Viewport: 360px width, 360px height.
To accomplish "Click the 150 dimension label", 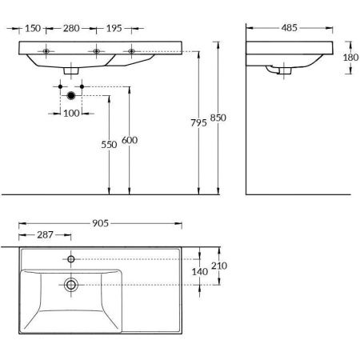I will point(32,28).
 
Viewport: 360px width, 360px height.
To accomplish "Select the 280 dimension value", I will point(71,28).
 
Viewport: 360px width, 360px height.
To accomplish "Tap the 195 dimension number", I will point(113,28).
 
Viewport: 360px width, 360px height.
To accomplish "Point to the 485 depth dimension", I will point(290,28).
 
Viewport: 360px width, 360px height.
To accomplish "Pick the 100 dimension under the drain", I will point(71,114).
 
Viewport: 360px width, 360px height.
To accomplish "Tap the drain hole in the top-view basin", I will point(71,284).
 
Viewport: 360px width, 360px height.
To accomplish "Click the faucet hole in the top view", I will point(71,259).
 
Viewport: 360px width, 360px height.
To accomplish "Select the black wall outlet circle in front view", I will point(71,95).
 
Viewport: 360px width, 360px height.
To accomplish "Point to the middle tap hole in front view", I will point(96,52).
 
